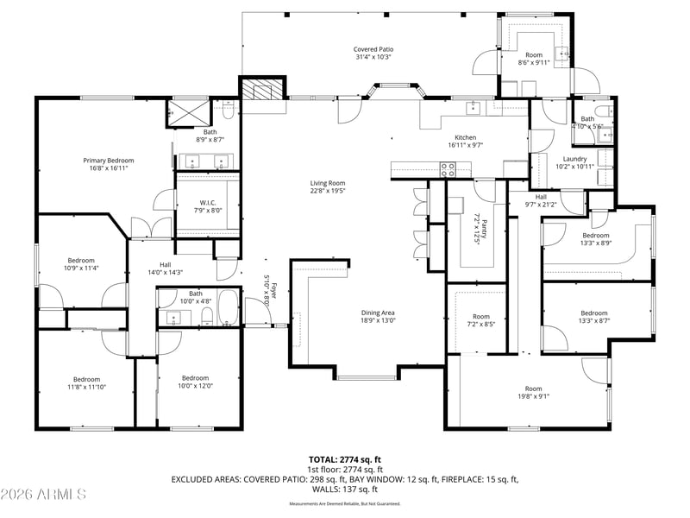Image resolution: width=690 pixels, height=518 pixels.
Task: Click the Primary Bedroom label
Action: (108, 161)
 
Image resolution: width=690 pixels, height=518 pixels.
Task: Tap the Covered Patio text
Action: (373, 49)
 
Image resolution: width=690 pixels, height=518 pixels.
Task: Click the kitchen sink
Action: (474, 107)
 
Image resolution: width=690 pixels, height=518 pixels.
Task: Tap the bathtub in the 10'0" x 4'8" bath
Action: (228, 306)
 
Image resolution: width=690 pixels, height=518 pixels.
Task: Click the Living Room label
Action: (328, 183)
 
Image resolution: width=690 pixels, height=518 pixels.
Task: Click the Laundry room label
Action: (574, 159)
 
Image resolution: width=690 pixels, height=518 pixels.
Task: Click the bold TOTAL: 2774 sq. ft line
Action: (345, 459)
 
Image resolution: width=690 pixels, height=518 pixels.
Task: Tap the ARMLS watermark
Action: (43, 495)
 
